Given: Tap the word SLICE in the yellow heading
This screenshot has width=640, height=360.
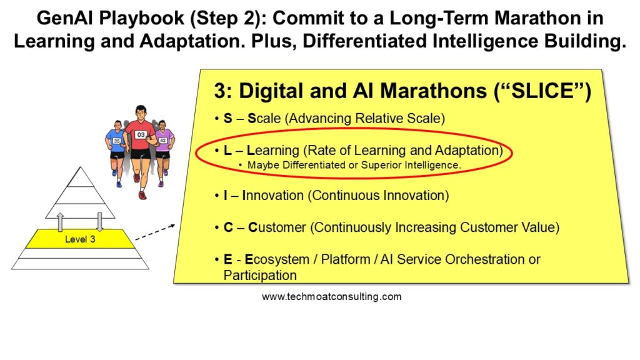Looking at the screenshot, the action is pyautogui.click(x=541, y=91).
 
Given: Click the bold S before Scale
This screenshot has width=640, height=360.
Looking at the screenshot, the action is pyautogui.click(x=227, y=118).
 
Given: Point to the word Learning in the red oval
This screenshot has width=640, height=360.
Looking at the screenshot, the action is pyautogui.click(x=273, y=151).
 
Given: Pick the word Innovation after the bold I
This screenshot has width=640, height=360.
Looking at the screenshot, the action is pyautogui.click(x=273, y=196).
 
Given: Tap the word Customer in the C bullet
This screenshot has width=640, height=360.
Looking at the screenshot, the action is pyautogui.click(x=277, y=227).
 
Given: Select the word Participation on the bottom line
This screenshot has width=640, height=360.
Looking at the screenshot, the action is pyautogui.click(x=260, y=276).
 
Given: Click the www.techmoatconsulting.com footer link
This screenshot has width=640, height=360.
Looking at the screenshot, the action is pyautogui.click(x=331, y=297).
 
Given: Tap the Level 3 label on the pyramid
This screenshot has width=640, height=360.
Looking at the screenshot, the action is pyautogui.click(x=80, y=239).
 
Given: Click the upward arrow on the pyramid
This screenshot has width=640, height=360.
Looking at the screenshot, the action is pyautogui.click(x=61, y=222).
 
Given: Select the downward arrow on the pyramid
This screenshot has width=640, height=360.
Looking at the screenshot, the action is pyautogui.click(x=99, y=222).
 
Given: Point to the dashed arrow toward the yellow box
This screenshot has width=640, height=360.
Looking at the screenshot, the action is pyautogui.click(x=155, y=232).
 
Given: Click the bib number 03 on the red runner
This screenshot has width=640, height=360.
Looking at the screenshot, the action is pyautogui.click(x=141, y=135).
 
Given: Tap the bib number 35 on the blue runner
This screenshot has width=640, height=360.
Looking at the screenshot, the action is pyautogui.click(x=117, y=141).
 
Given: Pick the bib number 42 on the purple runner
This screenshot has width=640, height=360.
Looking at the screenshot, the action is pyautogui.click(x=163, y=141).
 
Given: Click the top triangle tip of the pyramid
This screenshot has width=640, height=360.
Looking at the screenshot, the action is pyautogui.click(x=81, y=167).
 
